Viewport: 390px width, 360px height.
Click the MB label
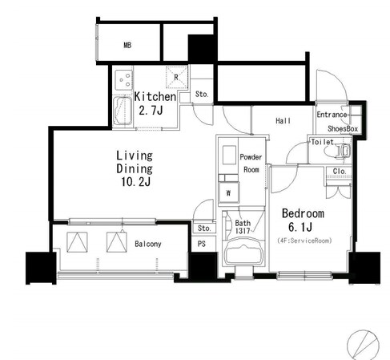pyautogui.click(x=127, y=45)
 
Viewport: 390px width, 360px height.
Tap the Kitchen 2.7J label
pyautogui.click(x=155, y=103)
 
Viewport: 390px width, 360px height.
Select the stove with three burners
pyautogui.click(x=123, y=79)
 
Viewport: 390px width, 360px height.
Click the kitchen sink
pyautogui.click(x=123, y=111)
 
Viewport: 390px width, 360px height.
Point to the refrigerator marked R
pyautogui.click(x=176, y=77)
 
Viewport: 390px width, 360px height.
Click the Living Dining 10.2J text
pyautogui.click(x=135, y=168)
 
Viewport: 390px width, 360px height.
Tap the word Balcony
pyautogui.click(x=148, y=244)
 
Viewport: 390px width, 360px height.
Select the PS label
pyautogui.click(x=202, y=244)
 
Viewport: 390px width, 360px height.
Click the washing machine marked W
pyautogui.click(x=228, y=192)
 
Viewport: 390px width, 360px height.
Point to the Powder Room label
pyautogui.click(x=251, y=163)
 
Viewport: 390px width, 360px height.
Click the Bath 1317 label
pyautogui.click(x=243, y=227)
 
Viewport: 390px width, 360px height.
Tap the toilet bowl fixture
pyautogui.click(x=339, y=151)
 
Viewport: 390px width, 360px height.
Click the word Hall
pyautogui.click(x=283, y=121)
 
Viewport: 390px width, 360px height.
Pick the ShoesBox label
pyautogui.click(x=343, y=129)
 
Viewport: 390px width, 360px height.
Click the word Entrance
pyautogui.click(x=332, y=115)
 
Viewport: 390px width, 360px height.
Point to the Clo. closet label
pyautogui.click(x=340, y=171)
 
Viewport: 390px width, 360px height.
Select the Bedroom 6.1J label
pyautogui.click(x=303, y=220)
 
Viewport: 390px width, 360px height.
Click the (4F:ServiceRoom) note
pyautogui.click(x=304, y=241)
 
